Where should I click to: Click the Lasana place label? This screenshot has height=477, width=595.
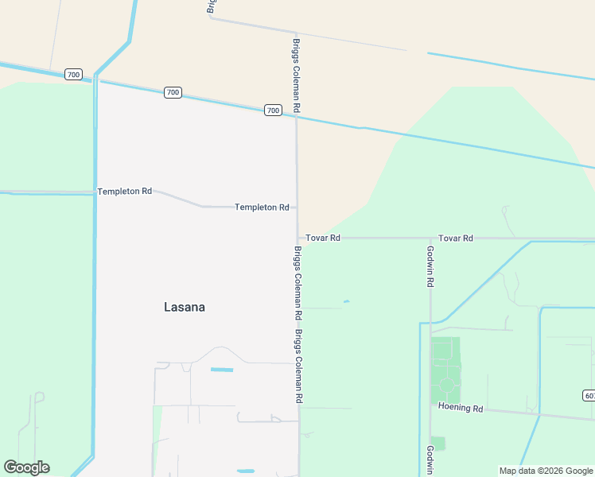(x=184, y=307)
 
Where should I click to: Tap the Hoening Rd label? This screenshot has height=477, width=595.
(x=461, y=408)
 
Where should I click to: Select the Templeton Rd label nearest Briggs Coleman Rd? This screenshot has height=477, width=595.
(x=262, y=207)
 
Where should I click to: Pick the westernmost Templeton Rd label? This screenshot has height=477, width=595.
(x=124, y=192)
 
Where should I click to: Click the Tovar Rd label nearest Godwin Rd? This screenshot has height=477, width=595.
(x=456, y=238)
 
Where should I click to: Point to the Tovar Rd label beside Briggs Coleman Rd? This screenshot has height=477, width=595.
(x=324, y=238)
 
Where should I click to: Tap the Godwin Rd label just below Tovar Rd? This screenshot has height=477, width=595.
(x=430, y=266)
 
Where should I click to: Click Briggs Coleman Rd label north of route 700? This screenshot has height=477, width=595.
(x=297, y=75)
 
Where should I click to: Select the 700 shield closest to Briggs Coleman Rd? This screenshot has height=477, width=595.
(x=273, y=111)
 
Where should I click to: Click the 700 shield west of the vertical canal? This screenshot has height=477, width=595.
(x=73, y=75)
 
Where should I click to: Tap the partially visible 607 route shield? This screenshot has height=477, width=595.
(x=589, y=395)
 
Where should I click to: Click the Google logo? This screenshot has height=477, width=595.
(x=26, y=467)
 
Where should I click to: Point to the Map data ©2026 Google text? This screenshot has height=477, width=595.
(x=546, y=471)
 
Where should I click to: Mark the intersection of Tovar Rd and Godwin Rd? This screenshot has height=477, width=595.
(x=430, y=238)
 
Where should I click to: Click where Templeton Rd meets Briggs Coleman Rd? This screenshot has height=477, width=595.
(x=297, y=207)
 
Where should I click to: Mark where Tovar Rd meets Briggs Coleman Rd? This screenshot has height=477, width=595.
(x=298, y=238)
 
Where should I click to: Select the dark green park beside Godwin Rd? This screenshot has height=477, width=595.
(x=445, y=370)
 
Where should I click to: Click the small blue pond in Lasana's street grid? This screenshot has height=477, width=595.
(x=222, y=370)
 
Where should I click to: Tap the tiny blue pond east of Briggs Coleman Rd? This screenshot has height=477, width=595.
(x=346, y=301)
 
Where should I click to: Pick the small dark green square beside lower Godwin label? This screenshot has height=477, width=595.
(x=437, y=444)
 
